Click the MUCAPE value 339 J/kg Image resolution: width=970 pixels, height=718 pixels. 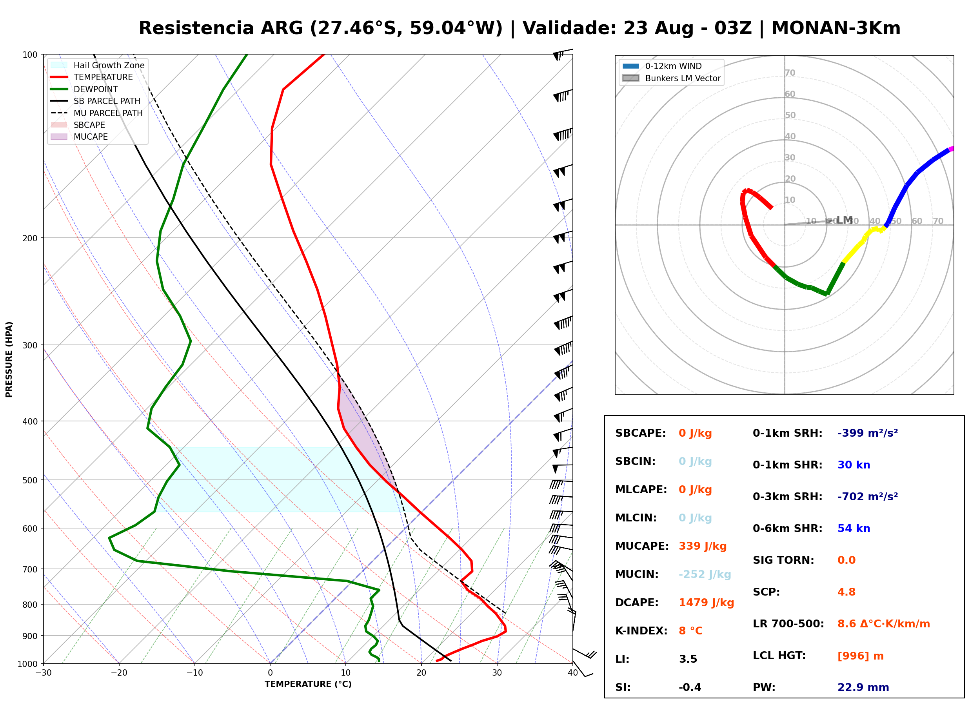pyautogui.click(x=703, y=546)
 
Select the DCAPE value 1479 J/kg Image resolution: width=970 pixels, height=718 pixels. pyautogui.click(x=707, y=603)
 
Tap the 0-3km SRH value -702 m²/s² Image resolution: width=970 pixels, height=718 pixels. pyautogui.click(x=868, y=497)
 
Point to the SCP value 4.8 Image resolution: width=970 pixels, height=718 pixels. pyautogui.click(x=846, y=592)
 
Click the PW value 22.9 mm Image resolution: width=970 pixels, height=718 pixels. pyautogui.click(x=863, y=687)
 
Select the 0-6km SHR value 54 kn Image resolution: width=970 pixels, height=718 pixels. pyautogui.click(x=854, y=528)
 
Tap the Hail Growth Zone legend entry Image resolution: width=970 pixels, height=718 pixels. pyautogui.click(x=98, y=65)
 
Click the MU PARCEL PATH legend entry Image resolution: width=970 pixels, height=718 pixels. pyautogui.click(x=97, y=113)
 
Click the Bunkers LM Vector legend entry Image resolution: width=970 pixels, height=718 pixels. pyautogui.click(x=671, y=78)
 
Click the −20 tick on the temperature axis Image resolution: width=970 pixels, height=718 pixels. pyautogui.click(x=118, y=673)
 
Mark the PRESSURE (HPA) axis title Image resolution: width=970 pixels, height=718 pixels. pyautogui.click(x=9, y=359)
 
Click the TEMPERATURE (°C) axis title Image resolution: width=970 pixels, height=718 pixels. pyautogui.click(x=308, y=684)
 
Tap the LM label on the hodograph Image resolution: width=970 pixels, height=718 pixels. pyautogui.click(x=845, y=220)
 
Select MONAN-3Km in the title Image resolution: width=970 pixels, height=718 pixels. pyautogui.click(x=836, y=28)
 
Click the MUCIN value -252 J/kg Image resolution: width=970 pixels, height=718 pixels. pyautogui.click(x=705, y=574)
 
